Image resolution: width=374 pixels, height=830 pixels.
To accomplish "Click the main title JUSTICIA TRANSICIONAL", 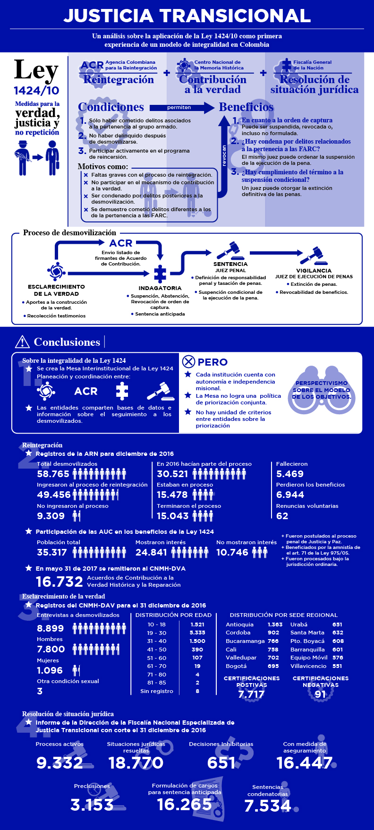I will click(187, 16).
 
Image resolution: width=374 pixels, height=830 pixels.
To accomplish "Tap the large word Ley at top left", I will click(36, 70).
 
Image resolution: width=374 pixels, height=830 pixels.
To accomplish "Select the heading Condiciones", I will click(111, 107).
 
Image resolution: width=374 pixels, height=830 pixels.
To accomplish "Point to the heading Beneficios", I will click(246, 107).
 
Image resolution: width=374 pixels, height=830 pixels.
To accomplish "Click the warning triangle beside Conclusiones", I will click(22, 342).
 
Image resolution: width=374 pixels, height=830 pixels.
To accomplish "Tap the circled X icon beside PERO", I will click(188, 362).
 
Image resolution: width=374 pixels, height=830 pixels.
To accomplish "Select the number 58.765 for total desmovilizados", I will click(53, 474).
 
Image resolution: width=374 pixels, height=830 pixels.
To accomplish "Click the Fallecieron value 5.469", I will click(290, 474).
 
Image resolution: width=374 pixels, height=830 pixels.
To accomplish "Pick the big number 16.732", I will click(59, 582).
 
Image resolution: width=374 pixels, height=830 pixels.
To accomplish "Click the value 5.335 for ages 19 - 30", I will click(197, 633).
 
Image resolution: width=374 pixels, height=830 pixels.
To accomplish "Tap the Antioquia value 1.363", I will click(275, 625).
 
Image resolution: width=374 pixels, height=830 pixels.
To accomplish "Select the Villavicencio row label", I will click(308, 666).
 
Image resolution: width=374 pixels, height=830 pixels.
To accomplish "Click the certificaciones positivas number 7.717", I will click(251, 694).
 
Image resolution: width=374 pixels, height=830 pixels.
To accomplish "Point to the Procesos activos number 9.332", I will click(59, 762).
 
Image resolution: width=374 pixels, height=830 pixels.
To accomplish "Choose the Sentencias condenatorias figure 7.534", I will click(267, 806).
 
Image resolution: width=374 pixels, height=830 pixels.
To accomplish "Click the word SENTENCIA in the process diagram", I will click(230, 264).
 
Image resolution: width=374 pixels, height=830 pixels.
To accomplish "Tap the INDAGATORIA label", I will click(160, 288).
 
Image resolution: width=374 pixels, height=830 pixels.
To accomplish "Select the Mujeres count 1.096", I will click(50, 670).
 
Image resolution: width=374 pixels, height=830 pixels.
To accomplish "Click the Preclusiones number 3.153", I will click(92, 804).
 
